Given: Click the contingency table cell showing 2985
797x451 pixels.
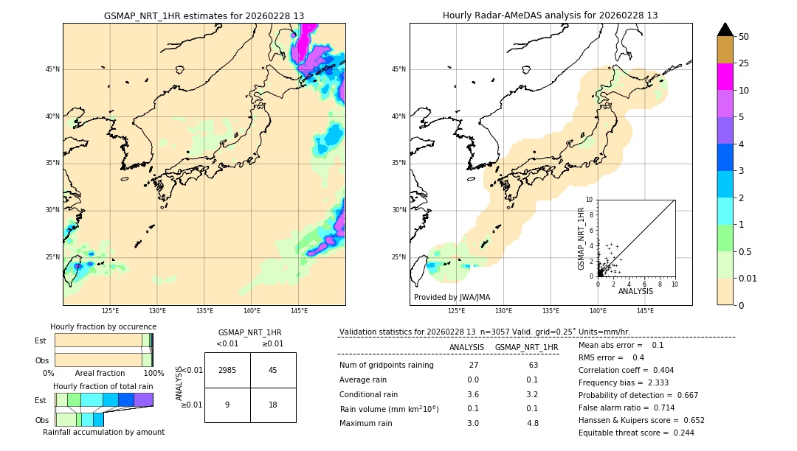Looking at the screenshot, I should pos(227,370).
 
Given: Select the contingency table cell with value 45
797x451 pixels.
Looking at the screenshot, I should pos(273,370).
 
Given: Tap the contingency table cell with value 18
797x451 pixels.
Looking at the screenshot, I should pos(273,405).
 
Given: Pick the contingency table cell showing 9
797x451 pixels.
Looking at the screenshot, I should pos(227,405).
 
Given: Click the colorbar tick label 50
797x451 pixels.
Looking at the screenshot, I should pos(744,37).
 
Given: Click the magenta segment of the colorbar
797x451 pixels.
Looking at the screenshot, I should pos(725,77).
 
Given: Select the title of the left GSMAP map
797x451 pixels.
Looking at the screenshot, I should pos(204,15).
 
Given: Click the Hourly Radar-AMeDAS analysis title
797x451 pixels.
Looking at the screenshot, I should pos(551,15).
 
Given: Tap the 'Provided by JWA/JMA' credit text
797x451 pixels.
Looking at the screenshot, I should pos(452,298).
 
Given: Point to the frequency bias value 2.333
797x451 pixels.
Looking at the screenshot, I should pos(658,382).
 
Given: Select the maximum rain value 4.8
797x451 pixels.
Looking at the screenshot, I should pos(533,423).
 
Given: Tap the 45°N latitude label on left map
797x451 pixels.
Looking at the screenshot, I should pos(52,69).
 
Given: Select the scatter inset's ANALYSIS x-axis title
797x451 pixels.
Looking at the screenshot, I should pos(635,292).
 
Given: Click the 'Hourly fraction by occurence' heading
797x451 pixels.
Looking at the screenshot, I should pos(103,326).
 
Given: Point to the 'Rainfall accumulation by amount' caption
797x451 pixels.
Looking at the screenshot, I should pos(103,432).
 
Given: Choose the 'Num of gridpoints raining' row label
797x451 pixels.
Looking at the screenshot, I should pos(387,366).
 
